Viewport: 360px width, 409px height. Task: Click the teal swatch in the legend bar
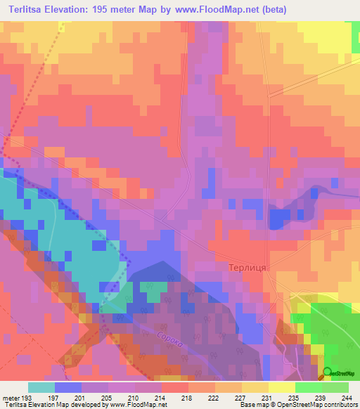tap(41, 387)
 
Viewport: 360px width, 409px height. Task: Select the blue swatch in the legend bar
tap(67, 387)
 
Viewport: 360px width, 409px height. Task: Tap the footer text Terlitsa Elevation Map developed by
tap(53, 405)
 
